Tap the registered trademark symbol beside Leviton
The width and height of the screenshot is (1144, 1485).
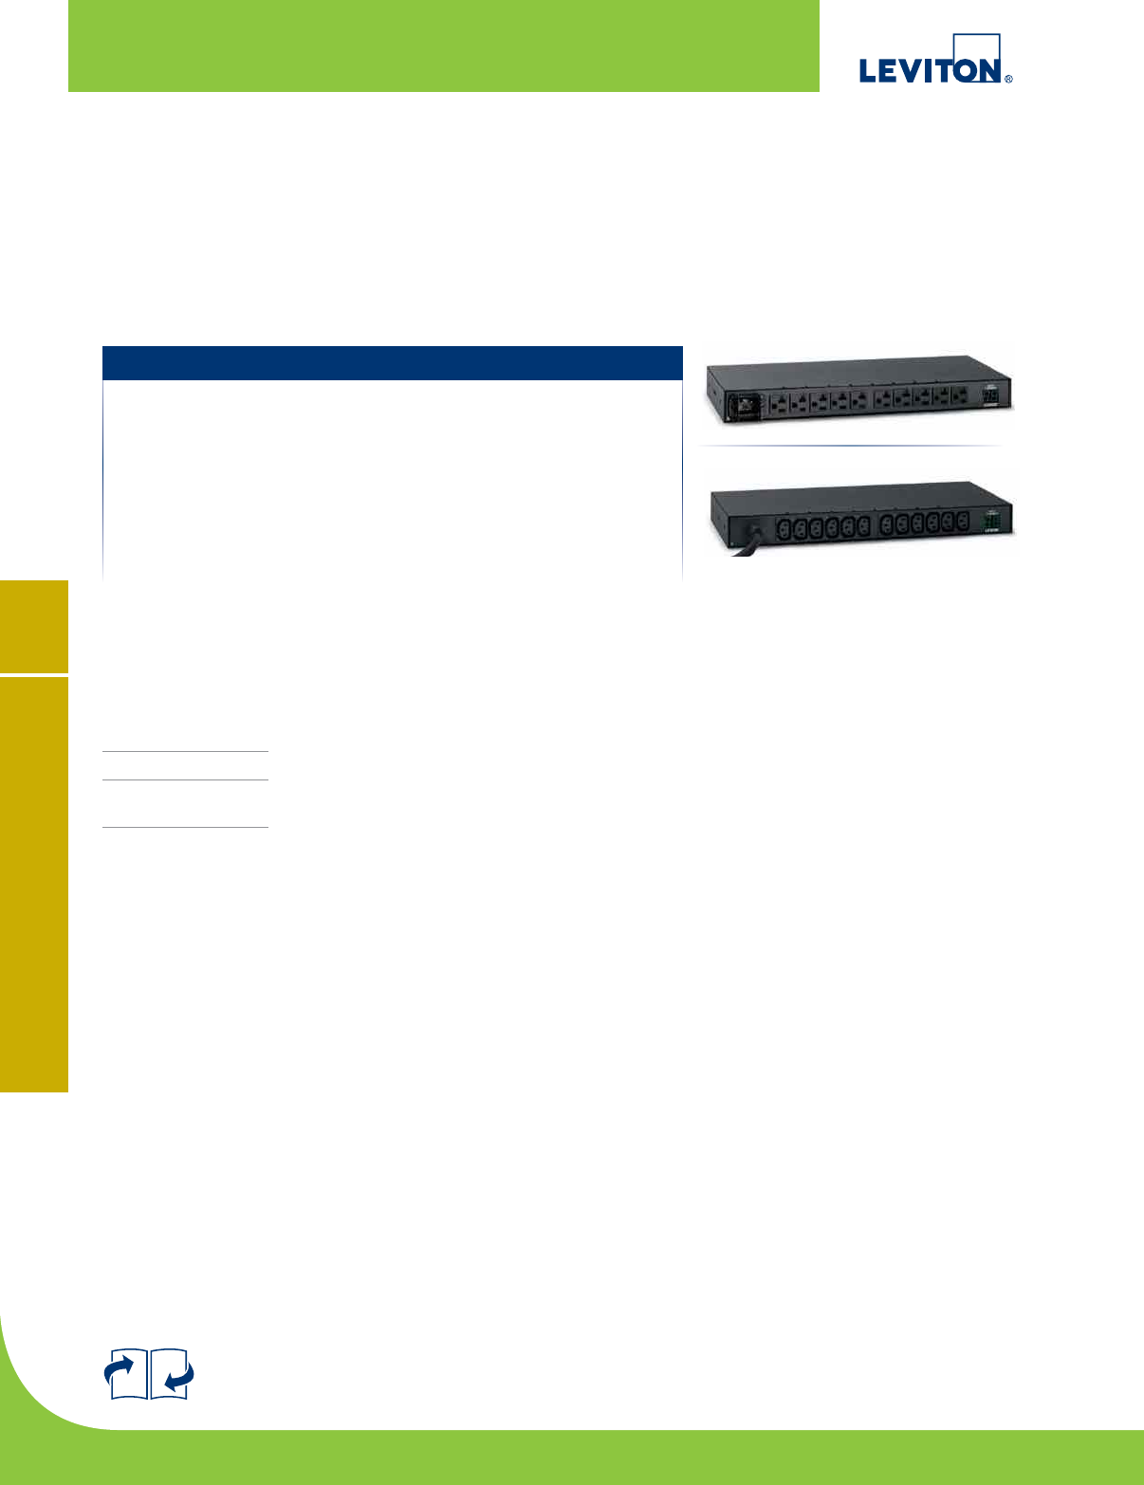click(x=1008, y=80)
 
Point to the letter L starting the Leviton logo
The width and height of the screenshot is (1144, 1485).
click(x=868, y=70)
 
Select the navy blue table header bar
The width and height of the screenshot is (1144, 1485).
click(x=392, y=363)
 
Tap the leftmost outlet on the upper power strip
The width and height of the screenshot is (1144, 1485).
click(x=778, y=402)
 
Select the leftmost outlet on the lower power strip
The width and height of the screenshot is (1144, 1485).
click(x=784, y=527)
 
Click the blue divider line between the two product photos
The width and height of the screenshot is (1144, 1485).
click(x=850, y=446)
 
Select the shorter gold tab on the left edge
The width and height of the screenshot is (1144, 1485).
click(x=34, y=626)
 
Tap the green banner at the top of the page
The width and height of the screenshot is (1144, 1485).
click(x=443, y=46)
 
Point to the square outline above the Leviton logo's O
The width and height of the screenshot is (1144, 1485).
click(x=977, y=47)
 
